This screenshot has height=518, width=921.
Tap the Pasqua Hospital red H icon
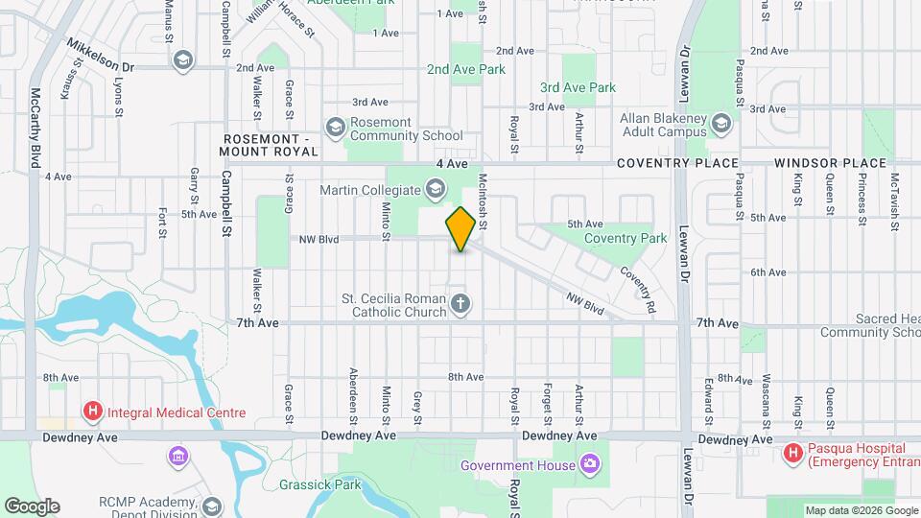tap(794, 452)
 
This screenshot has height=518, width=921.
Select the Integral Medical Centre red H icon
tap(93, 413)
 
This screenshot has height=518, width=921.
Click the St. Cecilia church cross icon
tap(460, 305)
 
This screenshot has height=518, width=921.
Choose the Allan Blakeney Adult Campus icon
tap(721, 122)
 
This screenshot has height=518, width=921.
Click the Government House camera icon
tap(589, 465)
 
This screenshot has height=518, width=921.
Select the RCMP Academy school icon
tap(211, 505)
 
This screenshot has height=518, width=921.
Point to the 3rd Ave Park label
tap(578, 87)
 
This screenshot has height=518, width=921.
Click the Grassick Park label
tap(319, 484)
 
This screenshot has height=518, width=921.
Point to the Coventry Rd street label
tap(637, 291)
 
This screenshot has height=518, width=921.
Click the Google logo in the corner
tap(32, 506)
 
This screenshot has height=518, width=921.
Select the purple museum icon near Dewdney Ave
tap(177, 455)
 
